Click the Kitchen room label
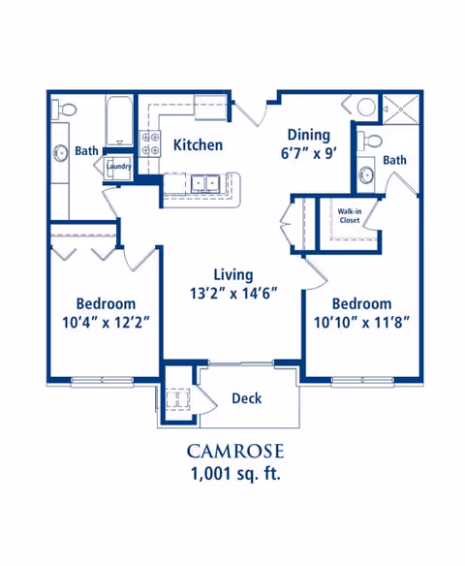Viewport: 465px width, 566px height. pyautogui.click(x=198, y=145)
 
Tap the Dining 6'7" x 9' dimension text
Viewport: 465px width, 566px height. pyautogui.click(x=309, y=154)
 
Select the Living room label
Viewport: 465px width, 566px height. pyautogui.click(x=233, y=274)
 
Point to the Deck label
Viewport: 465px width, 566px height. pyautogui.click(x=247, y=398)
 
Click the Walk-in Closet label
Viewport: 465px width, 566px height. pyautogui.click(x=349, y=215)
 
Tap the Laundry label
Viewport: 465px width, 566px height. pyautogui.click(x=118, y=167)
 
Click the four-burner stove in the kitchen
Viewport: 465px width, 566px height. pyautogui.click(x=150, y=143)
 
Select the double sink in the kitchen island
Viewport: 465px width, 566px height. pyautogui.click(x=205, y=181)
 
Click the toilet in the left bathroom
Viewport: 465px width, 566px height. pyautogui.click(x=64, y=109)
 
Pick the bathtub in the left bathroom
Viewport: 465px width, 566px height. pyautogui.click(x=119, y=120)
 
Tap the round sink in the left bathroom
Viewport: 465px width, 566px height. pyautogui.click(x=61, y=153)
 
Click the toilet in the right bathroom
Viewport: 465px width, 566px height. pyautogui.click(x=370, y=141)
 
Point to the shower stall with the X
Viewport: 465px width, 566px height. pyautogui.click(x=400, y=109)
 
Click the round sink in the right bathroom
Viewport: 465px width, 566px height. pyautogui.click(x=366, y=175)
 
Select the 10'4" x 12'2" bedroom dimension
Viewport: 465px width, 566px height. pyautogui.click(x=106, y=323)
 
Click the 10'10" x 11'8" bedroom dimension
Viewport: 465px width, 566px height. pyautogui.click(x=361, y=323)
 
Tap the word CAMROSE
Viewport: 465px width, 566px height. pyautogui.click(x=235, y=452)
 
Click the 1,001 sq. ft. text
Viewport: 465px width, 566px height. pyautogui.click(x=235, y=474)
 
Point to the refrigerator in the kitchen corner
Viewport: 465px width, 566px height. pyautogui.click(x=210, y=108)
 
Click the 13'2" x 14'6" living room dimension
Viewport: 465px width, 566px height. pyautogui.click(x=233, y=294)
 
